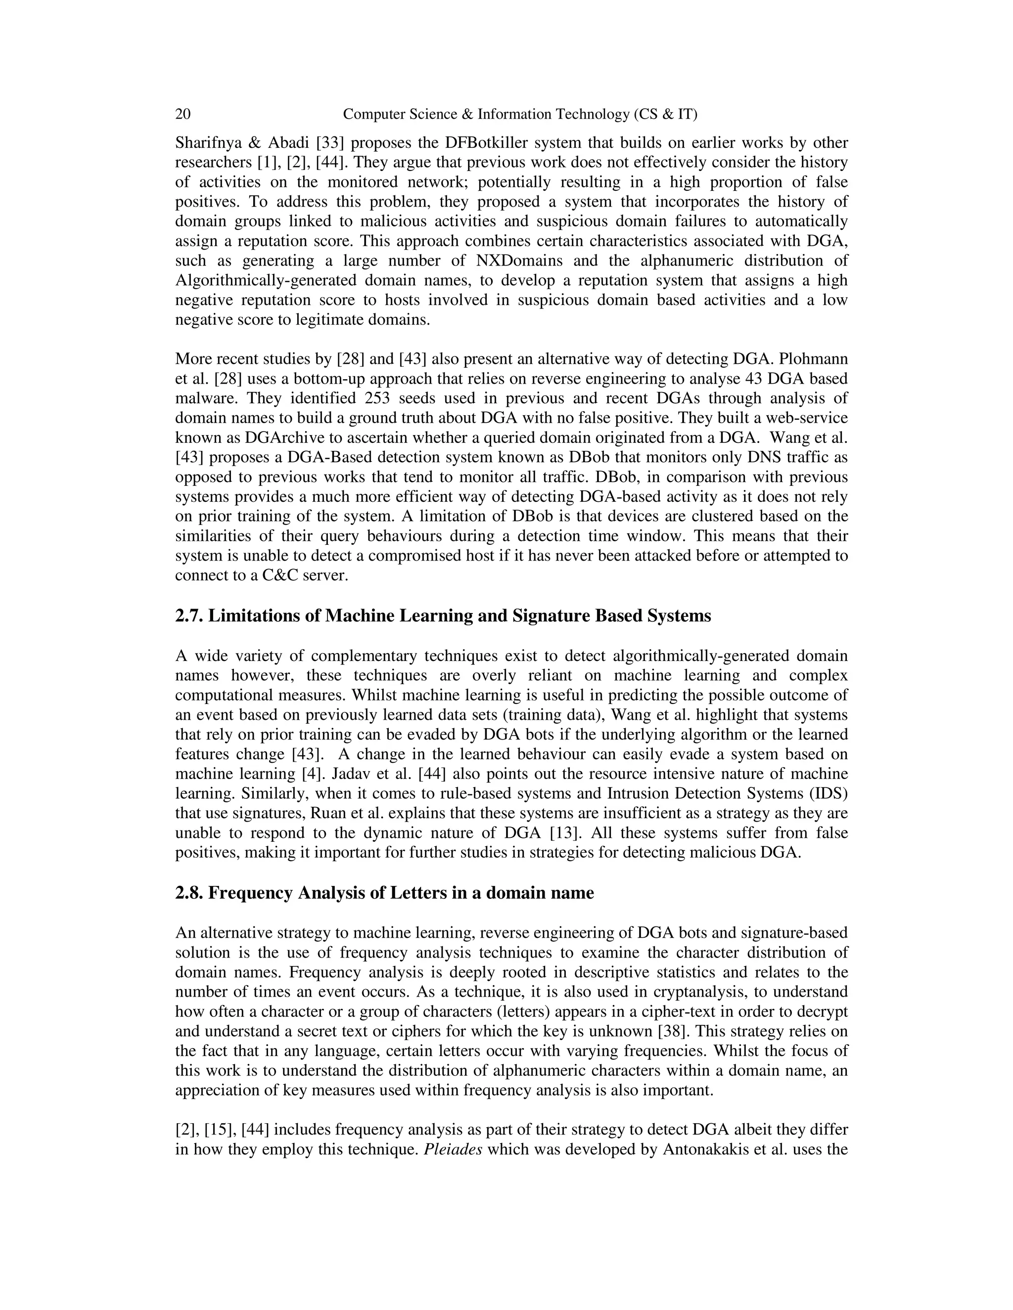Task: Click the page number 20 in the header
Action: (183, 114)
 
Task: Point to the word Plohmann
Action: (815, 359)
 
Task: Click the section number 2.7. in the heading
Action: (189, 616)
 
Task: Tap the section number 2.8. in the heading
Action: (189, 893)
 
